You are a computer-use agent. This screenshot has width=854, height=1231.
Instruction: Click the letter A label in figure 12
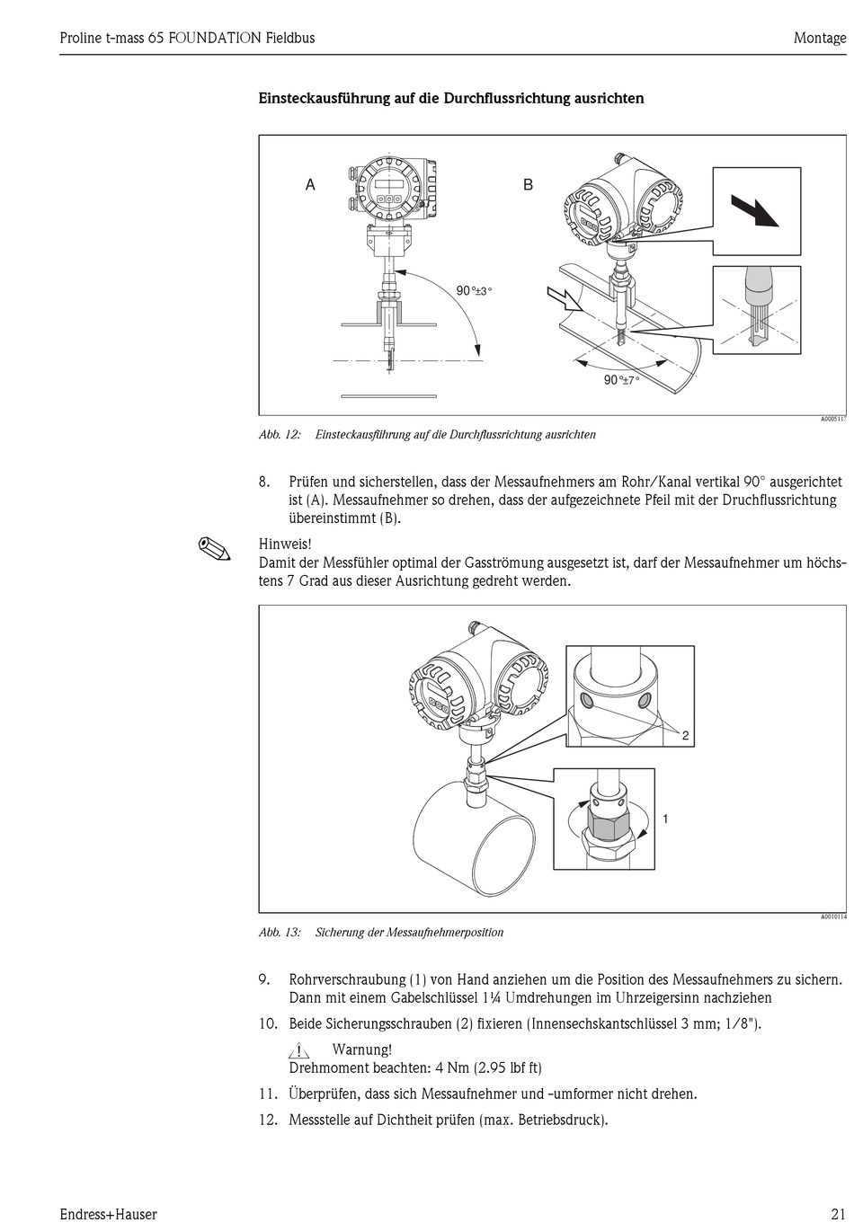click(x=310, y=185)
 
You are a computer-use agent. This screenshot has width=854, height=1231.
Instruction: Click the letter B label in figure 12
click(x=529, y=185)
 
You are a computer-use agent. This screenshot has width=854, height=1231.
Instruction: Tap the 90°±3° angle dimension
click(x=474, y=291)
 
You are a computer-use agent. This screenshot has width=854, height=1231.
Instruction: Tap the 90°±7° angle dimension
click(x=621, y=380)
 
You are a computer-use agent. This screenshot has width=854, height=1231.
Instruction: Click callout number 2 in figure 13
click(x=685, y=736)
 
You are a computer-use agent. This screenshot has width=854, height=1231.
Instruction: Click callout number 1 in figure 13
click(x=665, y=819)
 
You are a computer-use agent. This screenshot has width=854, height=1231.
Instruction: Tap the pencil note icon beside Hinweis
click(x=214, y=547)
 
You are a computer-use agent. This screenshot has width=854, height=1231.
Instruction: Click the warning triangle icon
click(x=299, y=1049)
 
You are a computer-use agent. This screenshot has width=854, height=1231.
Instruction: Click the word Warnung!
click(x=361, y=1049)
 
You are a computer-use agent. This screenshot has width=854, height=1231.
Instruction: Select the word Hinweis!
click(x=285, y=544)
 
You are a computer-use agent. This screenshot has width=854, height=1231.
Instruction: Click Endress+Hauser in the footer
click(x=108, y=1214)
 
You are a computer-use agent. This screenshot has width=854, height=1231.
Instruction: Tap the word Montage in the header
click(x=819, y=38)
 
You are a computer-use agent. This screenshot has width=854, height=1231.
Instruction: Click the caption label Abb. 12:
click(x=280, y=435)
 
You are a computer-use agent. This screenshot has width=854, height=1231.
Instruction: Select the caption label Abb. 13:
click(x=280, y=933)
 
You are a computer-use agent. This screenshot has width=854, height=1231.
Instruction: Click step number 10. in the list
click(x=268, y=1023)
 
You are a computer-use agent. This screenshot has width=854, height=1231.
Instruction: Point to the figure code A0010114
click(x=832, y=917)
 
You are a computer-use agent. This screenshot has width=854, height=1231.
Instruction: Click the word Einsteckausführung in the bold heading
click(x=325, y=98)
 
